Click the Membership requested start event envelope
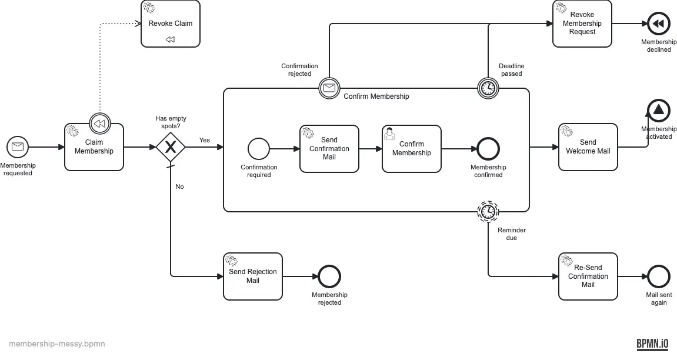pos(18,146)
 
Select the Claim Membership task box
pos(94,147)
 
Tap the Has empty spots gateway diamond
pos(171,147)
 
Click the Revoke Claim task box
pos(171,24)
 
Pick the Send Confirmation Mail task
pos(329,149)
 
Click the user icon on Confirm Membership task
pos(389,134)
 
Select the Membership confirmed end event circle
pos(488,149)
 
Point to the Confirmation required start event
pos(259,149)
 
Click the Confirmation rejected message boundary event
pos(329,88)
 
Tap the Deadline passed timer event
pos(488,88)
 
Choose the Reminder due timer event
pos(488,212)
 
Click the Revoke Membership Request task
pos(582,24)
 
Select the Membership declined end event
pos(659,24)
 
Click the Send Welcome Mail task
pos(588,147)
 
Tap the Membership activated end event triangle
pos(659,109)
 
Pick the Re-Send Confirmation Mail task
pos(588,276)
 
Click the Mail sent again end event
pos(659,276)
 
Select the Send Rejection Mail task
pos(253,276)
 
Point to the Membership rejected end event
pos(329,276)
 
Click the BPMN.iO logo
pos(652,344)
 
